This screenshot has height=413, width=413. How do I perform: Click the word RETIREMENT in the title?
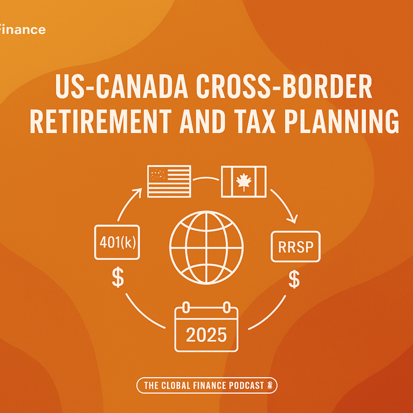point(101,121)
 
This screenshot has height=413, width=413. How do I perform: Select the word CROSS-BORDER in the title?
point(284,86)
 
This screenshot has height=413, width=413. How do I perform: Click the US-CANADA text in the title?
point(122,86)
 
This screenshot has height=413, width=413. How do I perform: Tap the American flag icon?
point(169,181)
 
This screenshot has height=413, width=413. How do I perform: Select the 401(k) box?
point(117,242)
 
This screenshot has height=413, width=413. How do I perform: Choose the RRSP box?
point(296,247)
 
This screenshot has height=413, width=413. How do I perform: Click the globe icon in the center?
point(206,248)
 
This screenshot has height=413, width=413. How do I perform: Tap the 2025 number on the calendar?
point(206,335)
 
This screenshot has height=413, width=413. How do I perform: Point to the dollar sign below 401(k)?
point(118,277)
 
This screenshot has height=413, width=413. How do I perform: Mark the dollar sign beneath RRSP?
point(294,279)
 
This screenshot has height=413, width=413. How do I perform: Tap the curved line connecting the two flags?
point(206,178)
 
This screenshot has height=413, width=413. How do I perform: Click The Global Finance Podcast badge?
point(207,385)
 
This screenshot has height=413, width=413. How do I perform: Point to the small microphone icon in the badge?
point(270,385)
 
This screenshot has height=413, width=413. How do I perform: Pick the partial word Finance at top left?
point(23,29)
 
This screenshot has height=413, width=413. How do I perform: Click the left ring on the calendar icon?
point(186,307)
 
